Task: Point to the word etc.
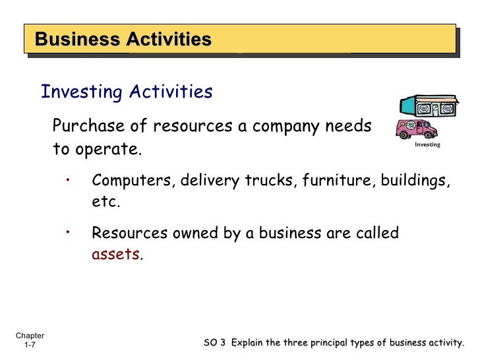(105, 202)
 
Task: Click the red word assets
(115, 254)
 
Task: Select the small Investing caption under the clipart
(427, 144)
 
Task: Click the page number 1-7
(30, 345)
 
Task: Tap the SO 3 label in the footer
(215, 342)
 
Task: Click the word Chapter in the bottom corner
(30, 336)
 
